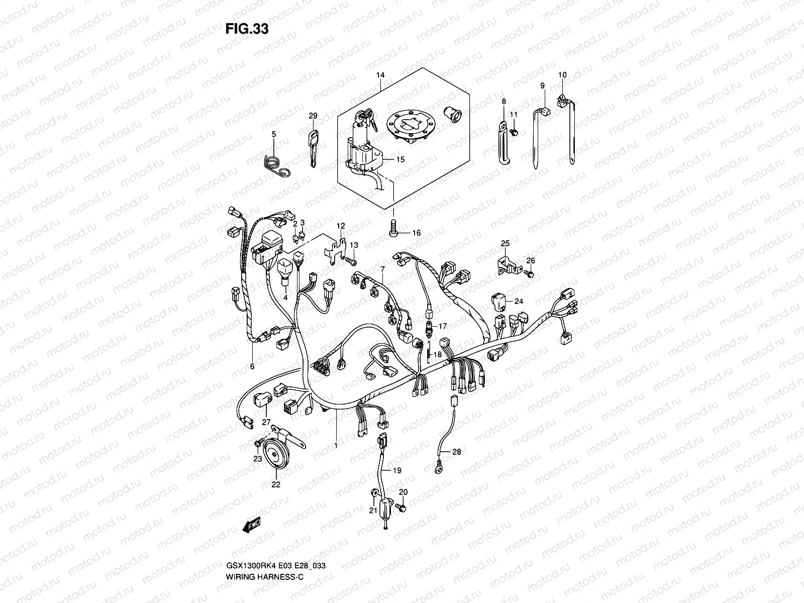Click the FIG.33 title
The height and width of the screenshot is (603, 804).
247,29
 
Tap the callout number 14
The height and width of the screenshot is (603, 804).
380,75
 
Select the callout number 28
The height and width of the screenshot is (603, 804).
456,452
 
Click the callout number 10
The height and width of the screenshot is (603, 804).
562,75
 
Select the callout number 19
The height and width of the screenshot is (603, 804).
397,471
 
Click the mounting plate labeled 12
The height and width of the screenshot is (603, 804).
337,253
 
